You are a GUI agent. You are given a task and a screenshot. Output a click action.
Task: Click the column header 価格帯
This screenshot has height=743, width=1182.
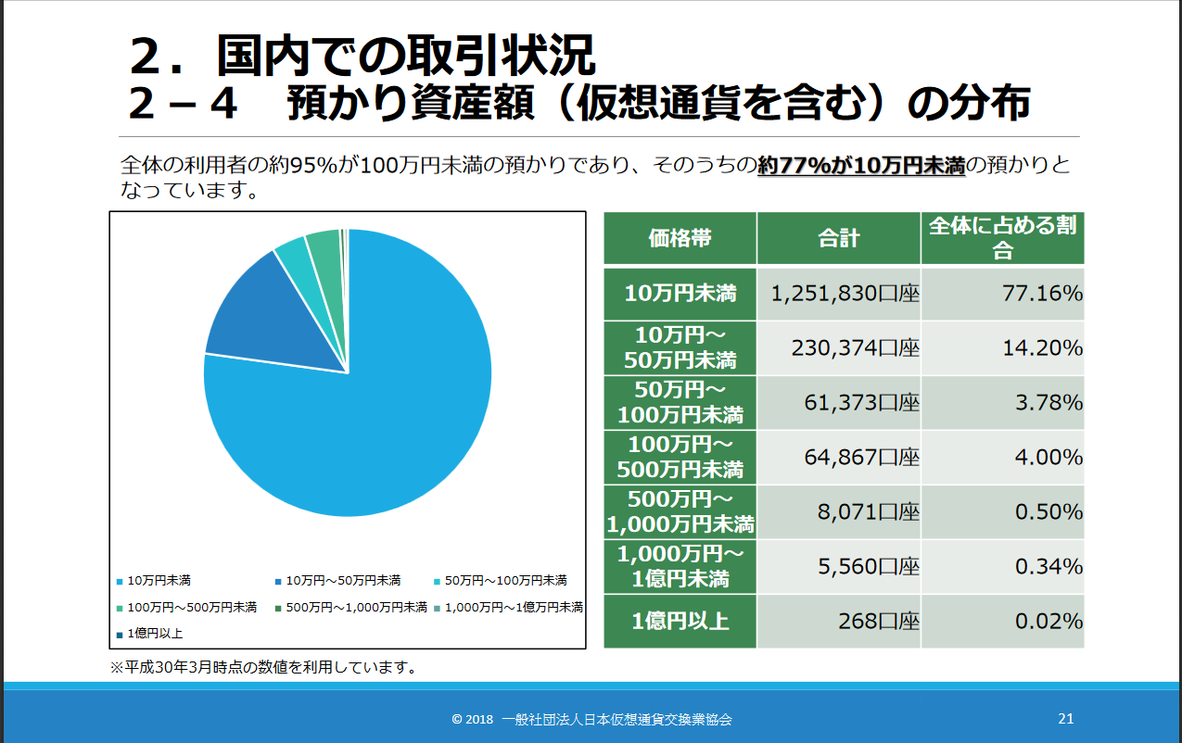click(x=680, y=238)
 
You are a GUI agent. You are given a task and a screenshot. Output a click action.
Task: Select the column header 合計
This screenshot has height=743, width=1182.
click(x=838, y=238)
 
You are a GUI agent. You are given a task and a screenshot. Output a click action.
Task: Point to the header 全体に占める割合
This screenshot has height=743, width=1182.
click(x=1002, y=238)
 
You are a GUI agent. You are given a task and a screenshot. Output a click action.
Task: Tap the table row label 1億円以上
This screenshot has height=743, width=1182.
click(x=680, y=621)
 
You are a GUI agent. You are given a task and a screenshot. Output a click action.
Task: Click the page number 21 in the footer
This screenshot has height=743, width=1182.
click(x=1065, y=719)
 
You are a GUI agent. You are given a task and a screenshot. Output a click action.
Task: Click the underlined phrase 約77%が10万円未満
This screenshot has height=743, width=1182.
click(x=861, y=166)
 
